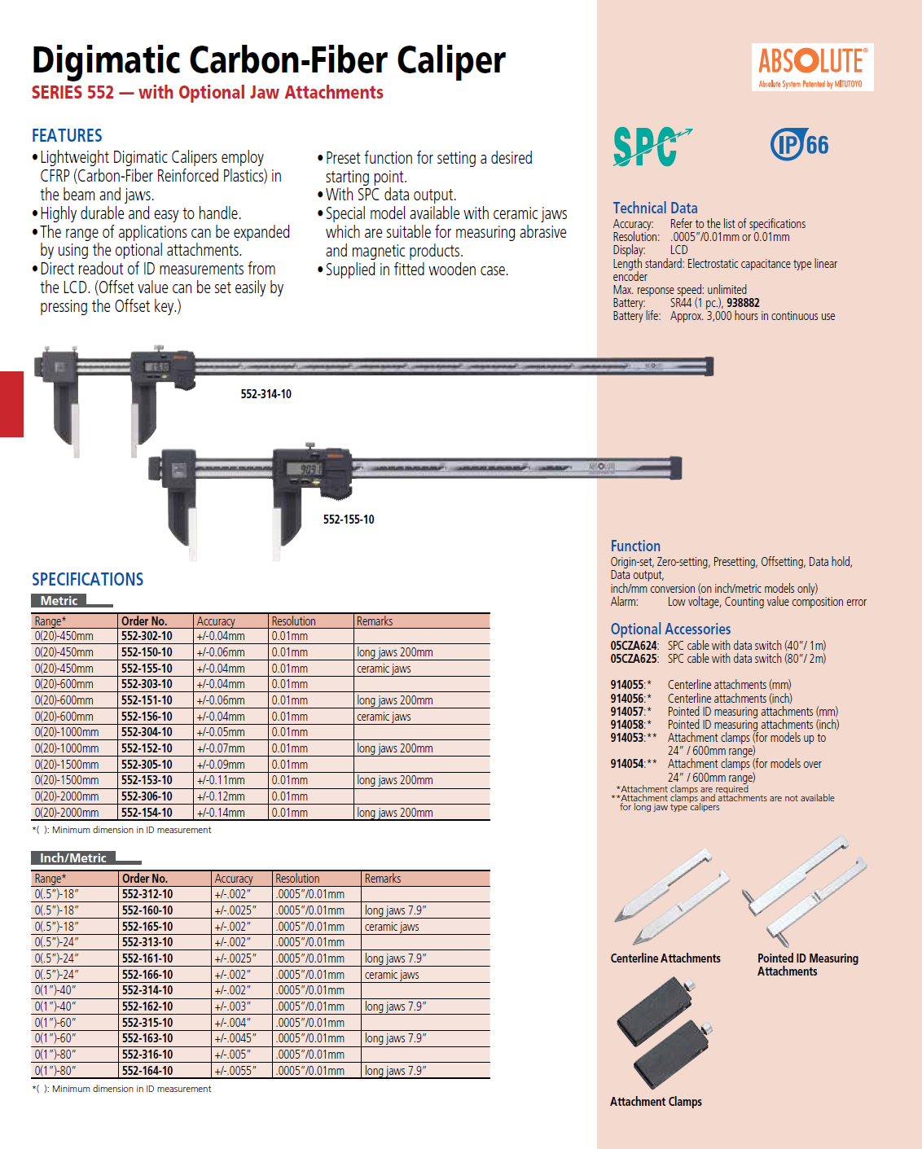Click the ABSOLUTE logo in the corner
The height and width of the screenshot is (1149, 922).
click(x=812, y=67)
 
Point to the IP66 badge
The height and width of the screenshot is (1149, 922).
click(x=800, y=145)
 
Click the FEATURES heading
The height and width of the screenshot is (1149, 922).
click(x=67, y=135)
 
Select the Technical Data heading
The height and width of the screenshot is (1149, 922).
click(x=655, y=208)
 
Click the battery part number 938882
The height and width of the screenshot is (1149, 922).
click(x=743, y=303)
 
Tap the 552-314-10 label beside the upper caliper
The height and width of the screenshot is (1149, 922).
click(x=266, y=394)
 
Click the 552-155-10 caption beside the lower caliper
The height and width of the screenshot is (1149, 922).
click(x=349, y=520)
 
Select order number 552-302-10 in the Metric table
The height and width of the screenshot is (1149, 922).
click(x=147, y=636)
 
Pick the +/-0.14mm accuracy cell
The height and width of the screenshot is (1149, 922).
click(x=221, y=813)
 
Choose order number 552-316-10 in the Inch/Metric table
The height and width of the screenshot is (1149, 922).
click(x=147, y=1055)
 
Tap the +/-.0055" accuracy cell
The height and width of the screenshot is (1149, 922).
click(x=235, y=1071)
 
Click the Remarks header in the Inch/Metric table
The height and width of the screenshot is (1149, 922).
click(x=383, y=879)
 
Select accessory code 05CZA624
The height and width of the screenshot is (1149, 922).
click(x=634, y=646)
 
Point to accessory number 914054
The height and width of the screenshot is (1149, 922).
click(x=627, y=764)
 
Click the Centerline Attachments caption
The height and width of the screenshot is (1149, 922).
click(x=665, y=958)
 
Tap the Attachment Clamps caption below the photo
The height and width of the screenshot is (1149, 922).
click(x=656, y=1102)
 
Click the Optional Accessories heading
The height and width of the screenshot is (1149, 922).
click(x=670, y=629)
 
